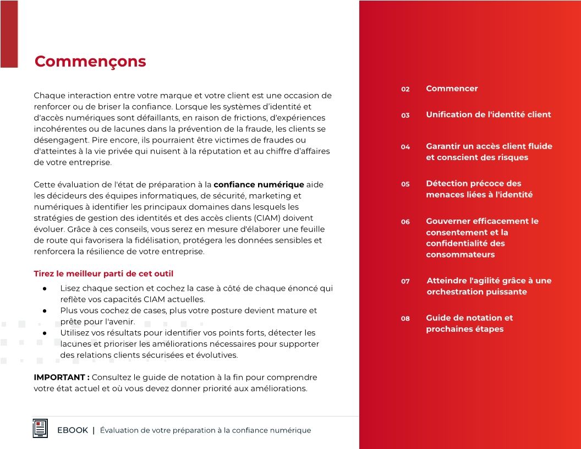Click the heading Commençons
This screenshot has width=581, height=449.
(x=90, y=61)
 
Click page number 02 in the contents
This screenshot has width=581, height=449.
(x=405, y=89)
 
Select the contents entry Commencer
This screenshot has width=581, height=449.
(x=452, y=89)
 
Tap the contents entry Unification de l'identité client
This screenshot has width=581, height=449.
(x=488, y=114)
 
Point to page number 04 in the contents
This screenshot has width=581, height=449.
(x=405, y=147)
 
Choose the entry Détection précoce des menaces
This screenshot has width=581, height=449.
(x=479, y=189)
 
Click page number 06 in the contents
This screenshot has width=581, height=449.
(x=405, y=222)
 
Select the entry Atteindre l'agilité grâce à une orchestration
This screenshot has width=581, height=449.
(x=489, y=286)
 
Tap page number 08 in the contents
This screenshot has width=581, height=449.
(x=405, y=318)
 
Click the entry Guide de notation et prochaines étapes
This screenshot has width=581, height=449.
(x=469, y=324)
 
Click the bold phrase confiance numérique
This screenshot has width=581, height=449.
(x=259, y=184)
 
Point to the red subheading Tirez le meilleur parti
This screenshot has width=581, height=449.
(x=104, y=273)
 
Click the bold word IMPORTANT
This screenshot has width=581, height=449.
(x=61, y=377)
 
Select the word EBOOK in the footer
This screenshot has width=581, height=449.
(x=73, y=430)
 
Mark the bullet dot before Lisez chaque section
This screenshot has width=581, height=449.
(x=44, y=289)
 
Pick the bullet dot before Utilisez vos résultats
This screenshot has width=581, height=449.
(x=44, y=333)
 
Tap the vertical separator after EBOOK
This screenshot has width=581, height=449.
(x=94, y=430)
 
